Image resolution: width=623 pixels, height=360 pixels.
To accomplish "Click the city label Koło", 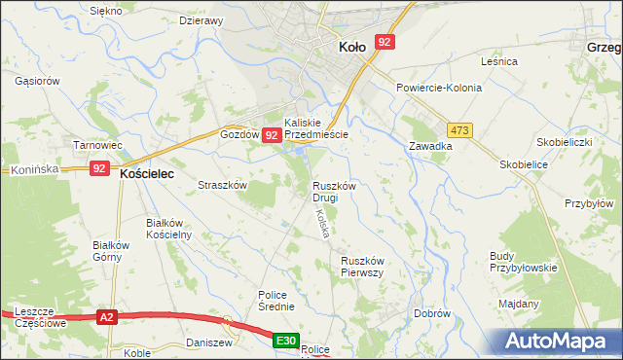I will coord(351,46).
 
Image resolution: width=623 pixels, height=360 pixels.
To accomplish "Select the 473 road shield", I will coord(460,129).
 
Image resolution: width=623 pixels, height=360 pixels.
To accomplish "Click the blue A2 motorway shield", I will coord(107,316).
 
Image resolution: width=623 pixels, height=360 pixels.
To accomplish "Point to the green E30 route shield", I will coord(284,341).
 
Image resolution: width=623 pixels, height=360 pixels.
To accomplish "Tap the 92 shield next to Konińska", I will coord(99,168).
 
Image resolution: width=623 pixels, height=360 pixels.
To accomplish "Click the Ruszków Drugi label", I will coord(338,192).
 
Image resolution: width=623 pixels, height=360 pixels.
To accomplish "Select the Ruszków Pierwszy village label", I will coord(365,267).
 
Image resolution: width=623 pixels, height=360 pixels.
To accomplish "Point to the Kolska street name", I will coord(319,225).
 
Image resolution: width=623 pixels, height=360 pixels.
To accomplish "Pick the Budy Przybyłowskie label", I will coord(523,262).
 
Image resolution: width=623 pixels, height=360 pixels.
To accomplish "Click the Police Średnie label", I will coord(276,301).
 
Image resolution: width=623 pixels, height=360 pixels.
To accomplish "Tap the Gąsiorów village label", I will coord(38,81).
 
